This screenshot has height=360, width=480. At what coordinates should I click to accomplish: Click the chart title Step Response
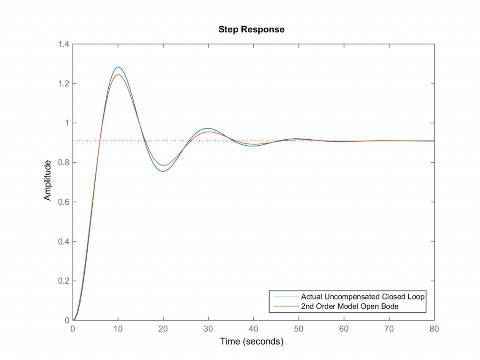251,30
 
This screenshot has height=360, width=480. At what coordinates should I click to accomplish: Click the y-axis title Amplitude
47,180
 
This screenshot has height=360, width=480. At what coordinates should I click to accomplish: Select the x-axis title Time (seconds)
252,342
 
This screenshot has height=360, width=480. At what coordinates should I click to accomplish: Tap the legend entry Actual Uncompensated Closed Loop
362,297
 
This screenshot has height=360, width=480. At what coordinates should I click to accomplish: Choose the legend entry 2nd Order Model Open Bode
350,306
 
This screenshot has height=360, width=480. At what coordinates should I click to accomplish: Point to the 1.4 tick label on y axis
63,45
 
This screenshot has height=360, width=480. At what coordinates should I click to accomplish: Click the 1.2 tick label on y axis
63,84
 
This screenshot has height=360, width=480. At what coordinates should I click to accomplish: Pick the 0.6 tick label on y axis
63,202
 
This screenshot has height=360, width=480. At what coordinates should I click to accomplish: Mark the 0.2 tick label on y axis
63,281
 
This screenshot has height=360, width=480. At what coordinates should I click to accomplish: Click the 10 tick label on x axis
118,329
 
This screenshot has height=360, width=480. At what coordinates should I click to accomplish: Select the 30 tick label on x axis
208,329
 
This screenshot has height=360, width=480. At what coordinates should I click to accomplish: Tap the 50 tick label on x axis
299,329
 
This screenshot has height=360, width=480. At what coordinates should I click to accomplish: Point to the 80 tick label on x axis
434,329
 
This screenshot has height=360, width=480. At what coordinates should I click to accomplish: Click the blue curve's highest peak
118,67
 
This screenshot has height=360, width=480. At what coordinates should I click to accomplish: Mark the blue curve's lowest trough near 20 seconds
163,171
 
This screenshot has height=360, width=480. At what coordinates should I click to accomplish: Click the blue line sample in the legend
285,297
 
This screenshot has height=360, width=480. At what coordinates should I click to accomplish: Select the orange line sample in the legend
285,306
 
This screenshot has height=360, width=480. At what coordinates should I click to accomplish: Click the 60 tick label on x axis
344,329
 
